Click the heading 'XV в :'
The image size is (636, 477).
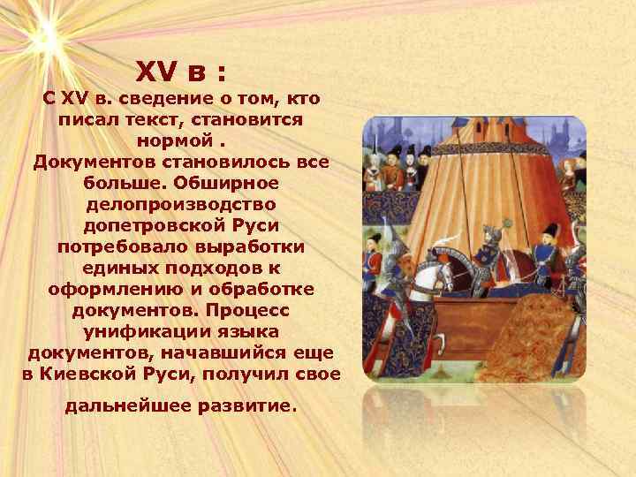(x=185, y=68)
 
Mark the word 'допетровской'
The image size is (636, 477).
(x=148, y=225)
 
